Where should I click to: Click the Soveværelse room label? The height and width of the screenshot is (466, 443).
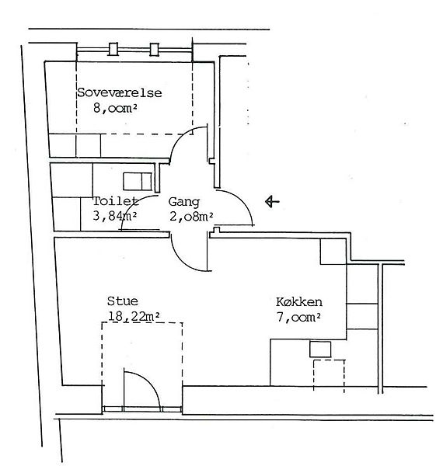120,92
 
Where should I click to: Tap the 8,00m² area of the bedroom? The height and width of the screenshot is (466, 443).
115,108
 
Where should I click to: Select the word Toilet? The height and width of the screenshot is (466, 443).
116,201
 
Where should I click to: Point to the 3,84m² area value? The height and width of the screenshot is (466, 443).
115,216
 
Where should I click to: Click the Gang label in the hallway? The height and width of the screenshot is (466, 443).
183,202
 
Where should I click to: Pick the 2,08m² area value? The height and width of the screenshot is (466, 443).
191,217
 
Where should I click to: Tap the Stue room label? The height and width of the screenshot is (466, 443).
123,301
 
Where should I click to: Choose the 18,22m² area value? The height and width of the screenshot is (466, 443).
134,317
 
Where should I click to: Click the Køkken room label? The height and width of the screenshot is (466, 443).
299,302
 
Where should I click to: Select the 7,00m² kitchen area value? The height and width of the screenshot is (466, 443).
298,317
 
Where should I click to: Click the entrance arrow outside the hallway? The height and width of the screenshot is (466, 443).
272,201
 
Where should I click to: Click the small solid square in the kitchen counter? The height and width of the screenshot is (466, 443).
320,349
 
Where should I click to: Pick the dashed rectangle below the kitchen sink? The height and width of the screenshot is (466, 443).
329,376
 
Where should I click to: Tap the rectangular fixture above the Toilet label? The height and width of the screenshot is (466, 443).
138,182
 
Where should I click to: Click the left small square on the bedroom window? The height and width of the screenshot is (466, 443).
113,49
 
